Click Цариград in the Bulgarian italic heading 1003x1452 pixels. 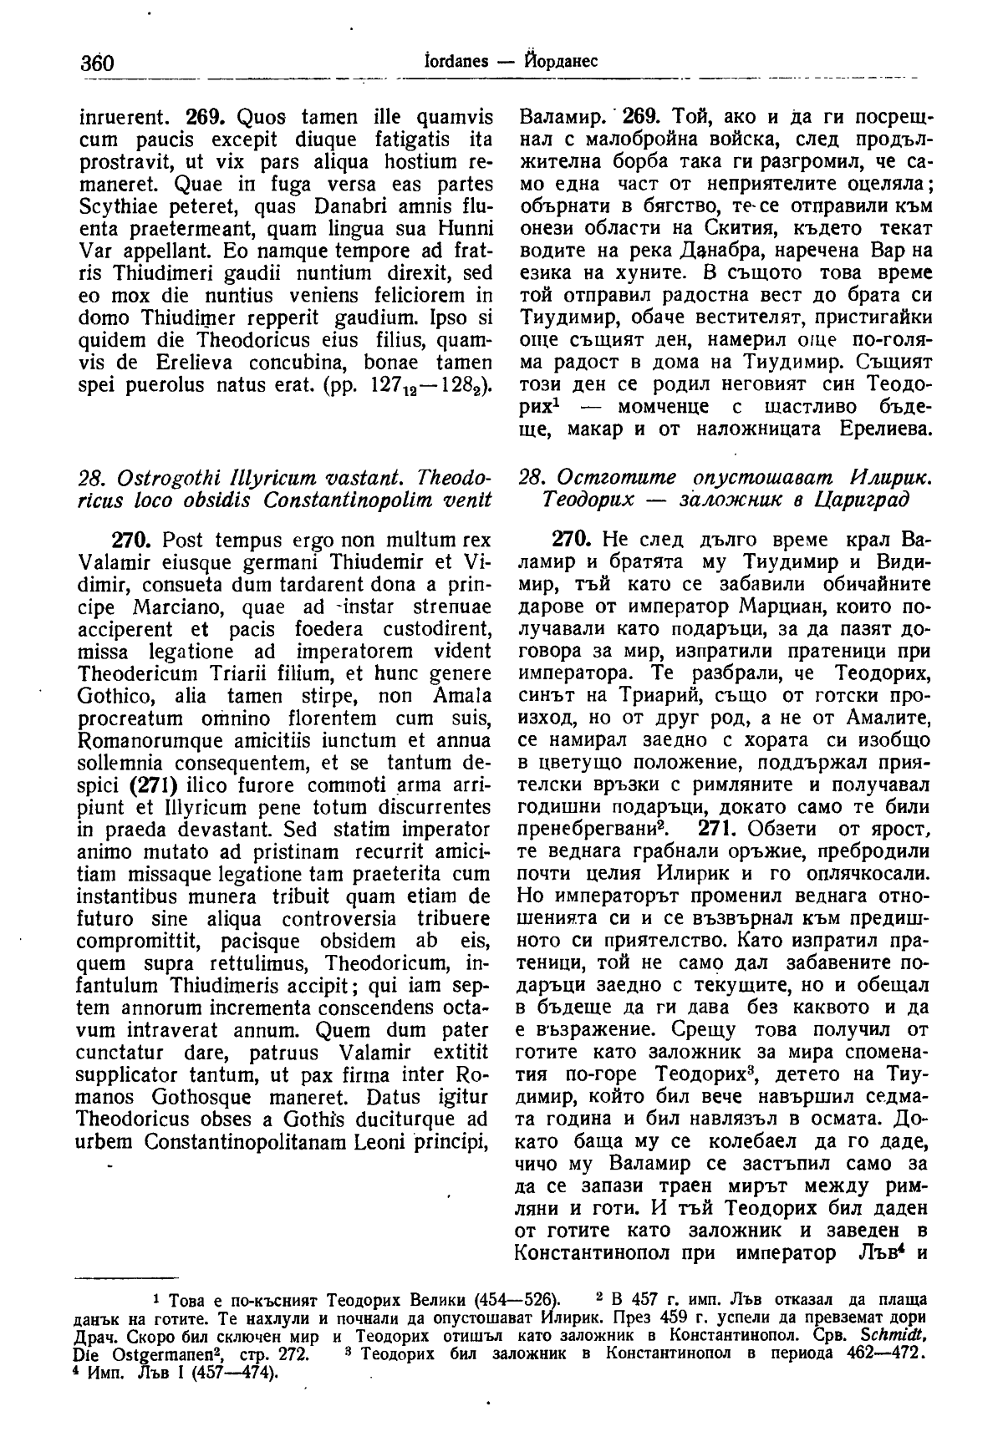pyautogui.click(x=863, y=500)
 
